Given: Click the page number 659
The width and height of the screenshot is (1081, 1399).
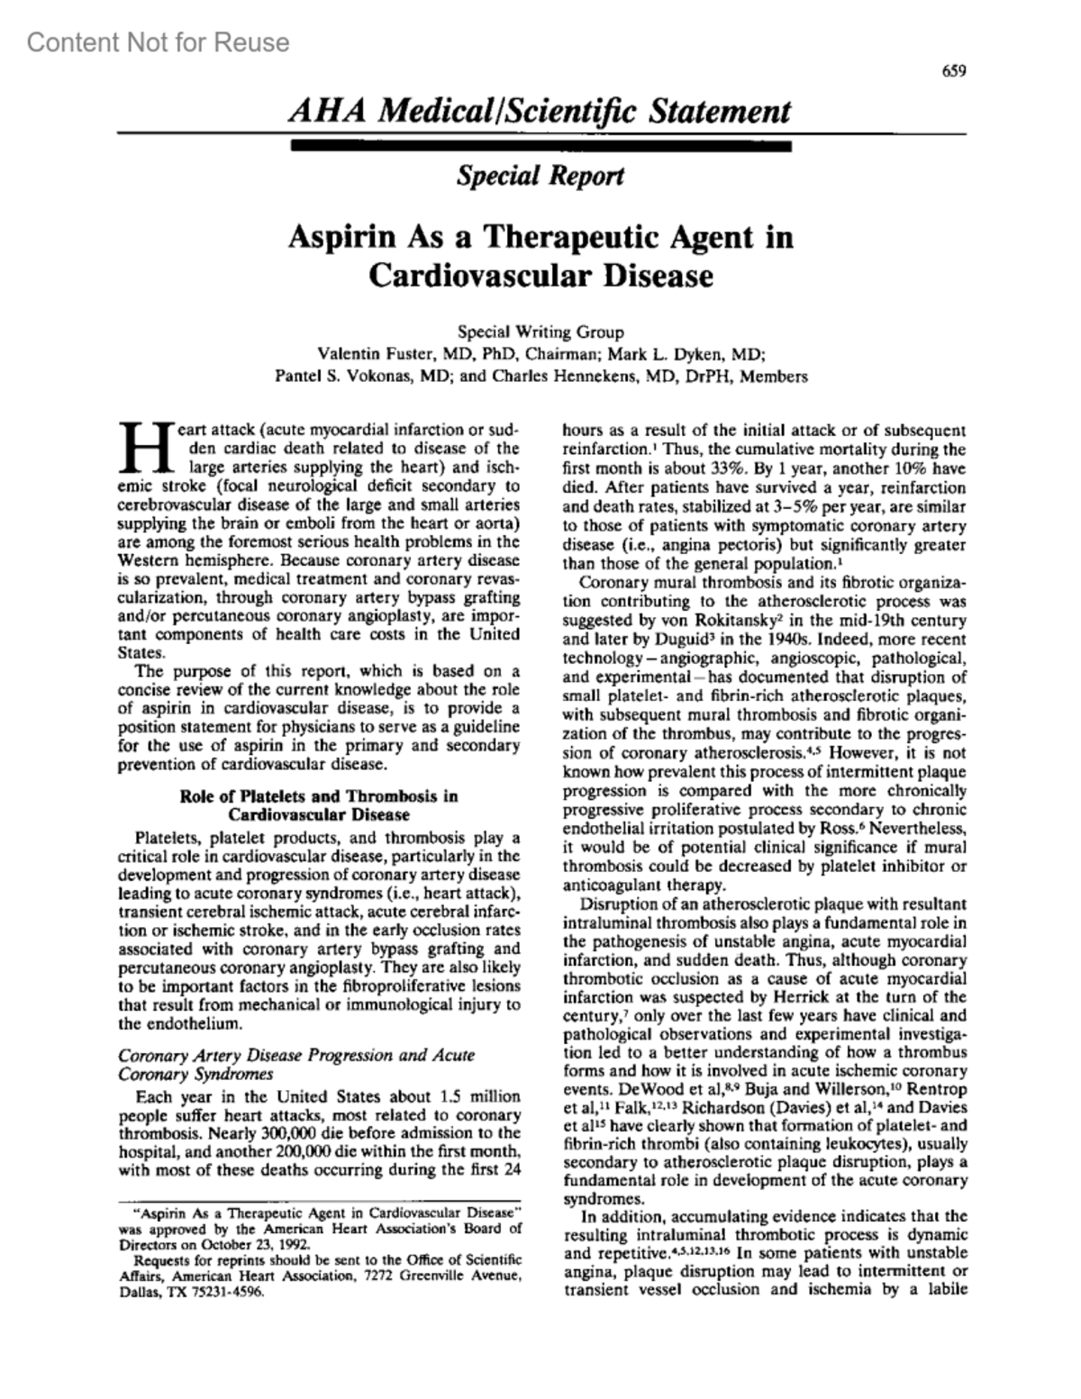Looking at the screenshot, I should pyautogui.click(x=953, y=72).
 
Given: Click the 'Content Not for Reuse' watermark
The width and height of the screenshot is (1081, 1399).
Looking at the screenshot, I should pyautogui.click(x=159, y=42).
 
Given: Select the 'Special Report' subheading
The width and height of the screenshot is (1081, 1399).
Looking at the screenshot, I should pyautogui.click(x=540, y=176).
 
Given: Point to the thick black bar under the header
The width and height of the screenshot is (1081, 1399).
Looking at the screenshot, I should pyautogui.click(x=540, y=143).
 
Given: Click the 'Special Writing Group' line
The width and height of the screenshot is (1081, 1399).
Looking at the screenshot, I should pyautogui.click(x=540, y=332).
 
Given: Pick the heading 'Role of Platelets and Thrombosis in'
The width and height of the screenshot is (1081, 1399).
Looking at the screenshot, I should pyautogui.click(x=319, y=795).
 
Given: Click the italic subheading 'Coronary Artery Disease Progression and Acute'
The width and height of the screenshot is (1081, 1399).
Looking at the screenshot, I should pyautogui.click(x=296, y=1055).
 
